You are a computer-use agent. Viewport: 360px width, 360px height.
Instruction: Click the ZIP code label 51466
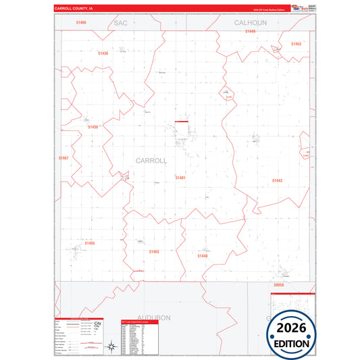pyautogui.click(x=82, y=22)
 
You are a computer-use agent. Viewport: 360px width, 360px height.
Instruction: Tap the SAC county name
pyautogui.click(x=121, y=22)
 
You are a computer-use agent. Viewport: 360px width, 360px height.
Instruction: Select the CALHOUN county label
pyautogui.click(x=251, y=22)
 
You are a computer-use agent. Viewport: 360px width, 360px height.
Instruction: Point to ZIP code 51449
pyautogui.click(x=251, y=31)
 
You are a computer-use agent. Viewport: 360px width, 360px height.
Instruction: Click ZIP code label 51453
pyautogui.click(x=296, y=44)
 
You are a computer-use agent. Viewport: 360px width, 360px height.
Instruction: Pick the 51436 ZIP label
pyautogui.click(x=103, y=53)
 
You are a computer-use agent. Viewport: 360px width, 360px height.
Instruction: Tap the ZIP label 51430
pyautogui.click(x=93, y=126)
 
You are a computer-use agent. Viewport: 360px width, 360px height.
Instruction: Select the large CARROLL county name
pyautogui.click(x=151, y=161)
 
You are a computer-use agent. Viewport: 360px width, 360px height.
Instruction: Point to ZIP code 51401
pyautogui.click(x=180, y=177)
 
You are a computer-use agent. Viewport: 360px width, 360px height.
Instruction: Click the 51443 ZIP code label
pyautogui.click(x=278, y=180)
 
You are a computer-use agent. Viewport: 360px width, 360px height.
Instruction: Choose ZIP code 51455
pyautogui.click(x=91, y=242)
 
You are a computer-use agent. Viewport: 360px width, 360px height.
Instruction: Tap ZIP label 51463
pyautogui.click(x=154, y=251)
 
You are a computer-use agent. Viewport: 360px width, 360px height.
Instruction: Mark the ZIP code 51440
pyautogui.click(x=203, y=256)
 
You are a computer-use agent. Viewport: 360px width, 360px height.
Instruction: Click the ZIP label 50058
pyautogui.click(x=279, y=286)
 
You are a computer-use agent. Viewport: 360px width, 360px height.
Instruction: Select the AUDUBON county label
pyautogui.click(x=154, y=317)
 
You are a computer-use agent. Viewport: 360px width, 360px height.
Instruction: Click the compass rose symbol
pyautogui.click(x=110, y=346)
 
